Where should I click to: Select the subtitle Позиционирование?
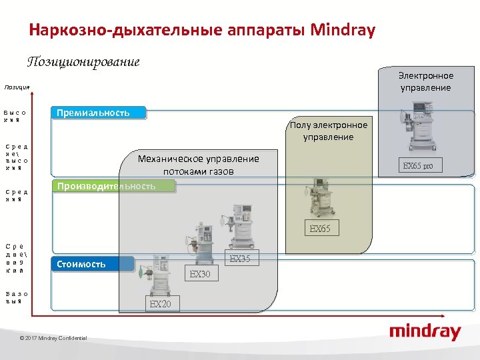83,62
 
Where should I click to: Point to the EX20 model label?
160,304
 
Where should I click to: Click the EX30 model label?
200,274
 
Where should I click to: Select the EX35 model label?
239,259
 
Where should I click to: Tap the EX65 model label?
320,229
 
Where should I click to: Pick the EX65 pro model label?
418,165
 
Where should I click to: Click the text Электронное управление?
425,81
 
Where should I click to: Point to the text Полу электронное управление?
328,131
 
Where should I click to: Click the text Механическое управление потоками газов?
198,164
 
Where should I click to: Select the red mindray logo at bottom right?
425,331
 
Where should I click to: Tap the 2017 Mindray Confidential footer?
53,339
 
